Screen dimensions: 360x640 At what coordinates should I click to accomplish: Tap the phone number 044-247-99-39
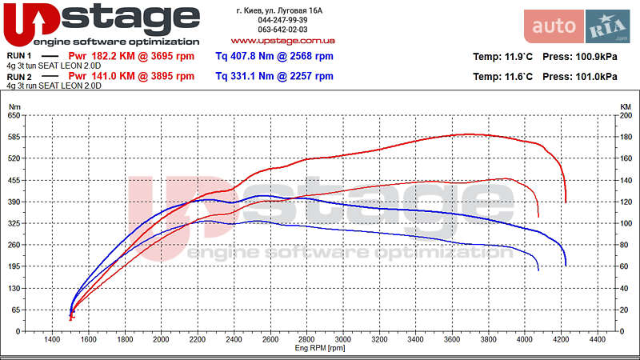pyautogui.click(x=282, y=20)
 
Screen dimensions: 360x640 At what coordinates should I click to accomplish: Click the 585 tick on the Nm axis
pyautogui.click(x=14, y=137)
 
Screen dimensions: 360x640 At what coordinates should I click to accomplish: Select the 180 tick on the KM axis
pyautogui.click(x=626, y=137)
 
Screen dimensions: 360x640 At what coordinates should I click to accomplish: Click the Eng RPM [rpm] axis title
pyautogui.click(x=320, y=348)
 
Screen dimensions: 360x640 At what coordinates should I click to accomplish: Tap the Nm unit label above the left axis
pyautogui.click(x=14, y=106)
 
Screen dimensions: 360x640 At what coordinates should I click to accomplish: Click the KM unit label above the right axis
pyautogui.click(x=626, y=106)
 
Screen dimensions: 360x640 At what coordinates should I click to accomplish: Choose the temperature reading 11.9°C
pyautogui.click(x=503, y=57)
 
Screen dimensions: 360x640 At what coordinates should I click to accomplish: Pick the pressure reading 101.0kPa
pyautogui.click(x=578, y=77)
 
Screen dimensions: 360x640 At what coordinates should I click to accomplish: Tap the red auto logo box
pyautogui.click(x=554, y=26)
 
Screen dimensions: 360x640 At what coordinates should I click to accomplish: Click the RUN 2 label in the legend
pyautogui.click(x=19, y=77)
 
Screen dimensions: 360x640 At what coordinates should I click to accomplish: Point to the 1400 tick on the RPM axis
pyautogui.click(x=52, y=340)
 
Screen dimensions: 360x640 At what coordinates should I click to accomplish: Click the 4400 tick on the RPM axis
pyautogui.click(x=597, y=340)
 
